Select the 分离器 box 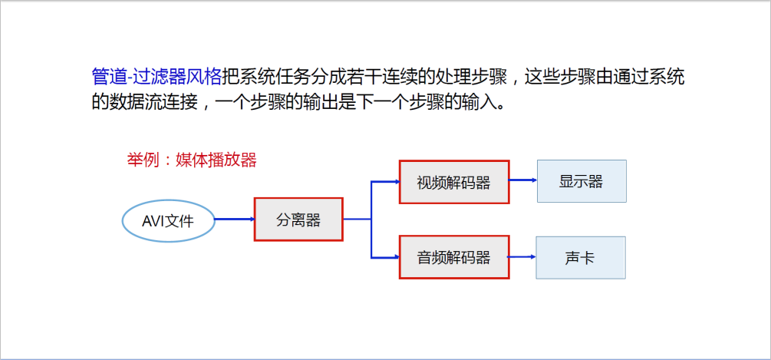298,220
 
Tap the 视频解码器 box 453,182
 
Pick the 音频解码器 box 453,257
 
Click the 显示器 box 581,181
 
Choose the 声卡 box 581,257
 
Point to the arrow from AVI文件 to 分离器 234,220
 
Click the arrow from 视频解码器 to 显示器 522,181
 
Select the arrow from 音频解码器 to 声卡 522,257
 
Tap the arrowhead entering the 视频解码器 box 395,182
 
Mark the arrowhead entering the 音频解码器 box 395,257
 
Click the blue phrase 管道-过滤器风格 156,76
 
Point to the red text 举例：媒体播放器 191,160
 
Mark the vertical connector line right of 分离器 371,220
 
